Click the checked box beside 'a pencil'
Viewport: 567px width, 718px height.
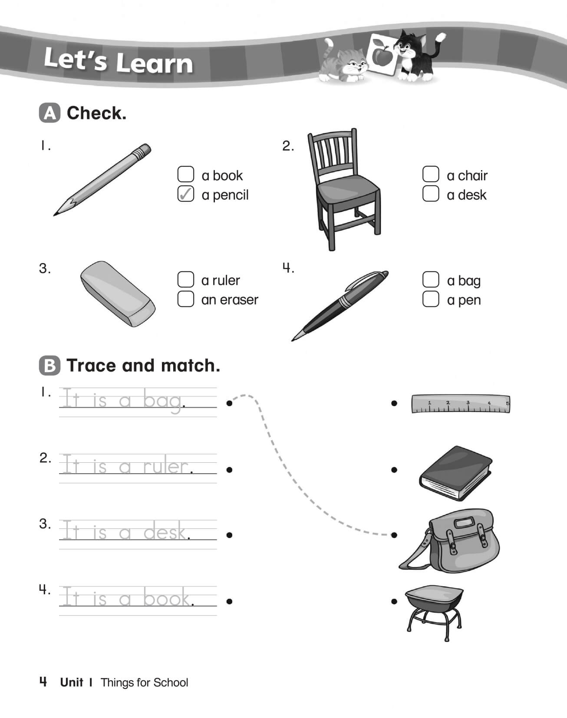[186, 194]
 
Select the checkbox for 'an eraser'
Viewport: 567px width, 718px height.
[186, 299]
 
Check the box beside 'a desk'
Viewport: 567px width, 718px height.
[430, 194]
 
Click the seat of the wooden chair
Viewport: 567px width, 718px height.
[347, 190]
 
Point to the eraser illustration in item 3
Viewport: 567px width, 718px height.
[117, 293]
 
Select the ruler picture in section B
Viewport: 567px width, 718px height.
[460, 404]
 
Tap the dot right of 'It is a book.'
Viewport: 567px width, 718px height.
[229, 601]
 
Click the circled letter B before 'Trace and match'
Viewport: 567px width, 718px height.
[49, 366]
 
